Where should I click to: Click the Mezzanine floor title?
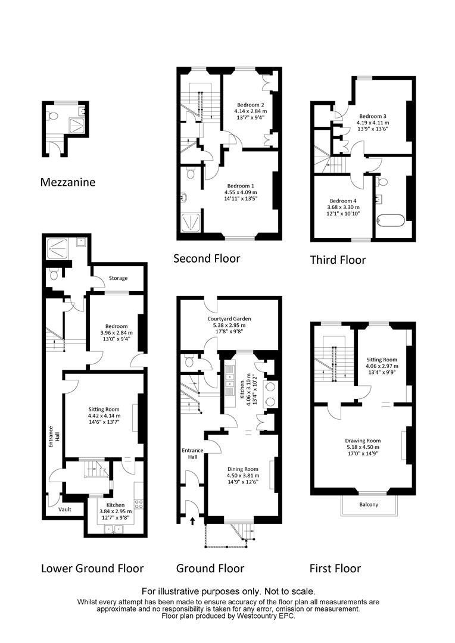point(68,182)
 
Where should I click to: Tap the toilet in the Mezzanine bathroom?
point(52,116)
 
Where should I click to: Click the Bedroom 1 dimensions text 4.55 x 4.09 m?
point(241,192)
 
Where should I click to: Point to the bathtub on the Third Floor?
point(391,221)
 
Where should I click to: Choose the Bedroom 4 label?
point(343,201)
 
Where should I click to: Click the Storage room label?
point(118,278)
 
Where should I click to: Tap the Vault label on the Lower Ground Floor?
point(65,509)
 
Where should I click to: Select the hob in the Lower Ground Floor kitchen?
point(139,504)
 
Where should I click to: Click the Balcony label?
point(369,504)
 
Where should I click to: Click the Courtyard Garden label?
point(229,319)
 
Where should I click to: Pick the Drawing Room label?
point(363,441)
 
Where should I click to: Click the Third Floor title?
point(338,260)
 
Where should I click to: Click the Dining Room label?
point(243,469)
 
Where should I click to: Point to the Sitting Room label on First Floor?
point(382,360)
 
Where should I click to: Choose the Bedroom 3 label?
point(373,117)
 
